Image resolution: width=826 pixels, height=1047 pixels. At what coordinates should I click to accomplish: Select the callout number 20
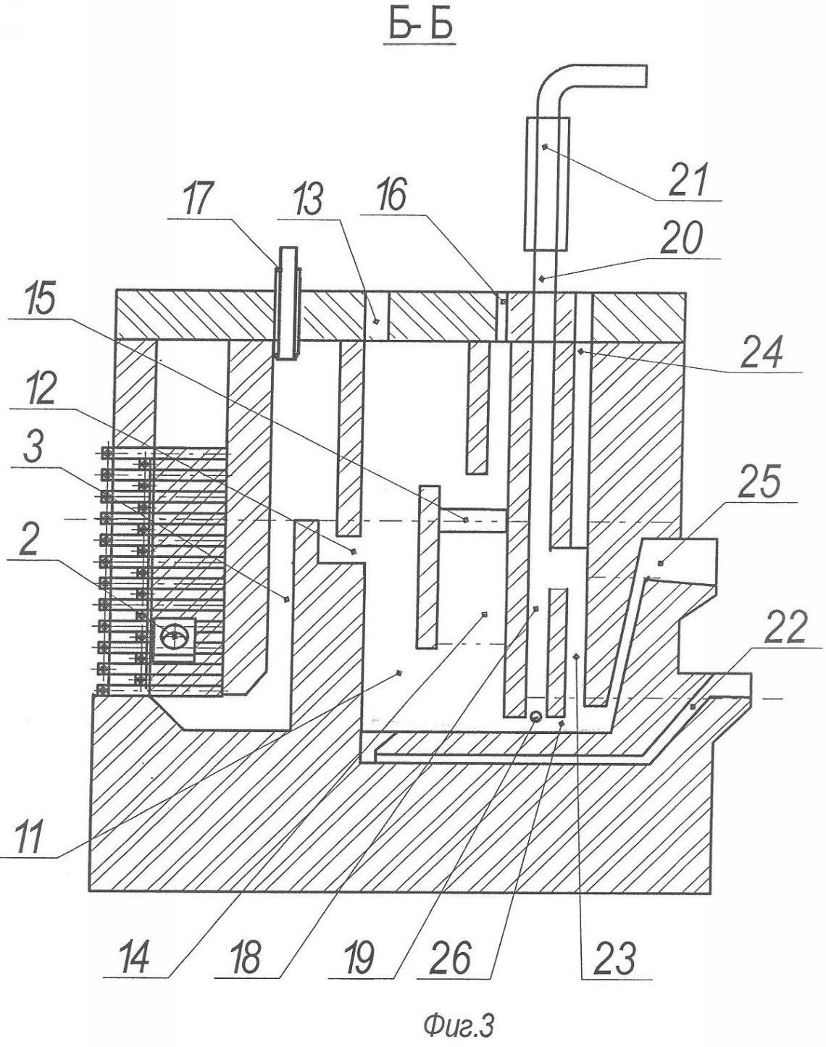[x=681, y=238]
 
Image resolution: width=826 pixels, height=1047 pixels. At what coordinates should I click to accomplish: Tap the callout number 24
[x=762, y=351]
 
